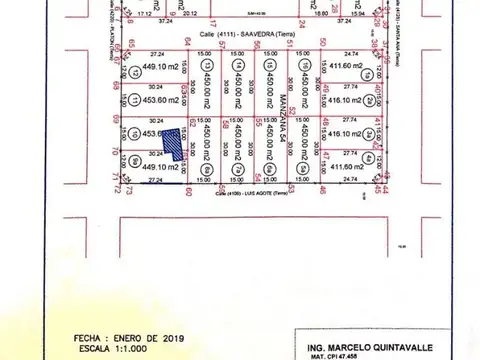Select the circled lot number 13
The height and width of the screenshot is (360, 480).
coord(206,68)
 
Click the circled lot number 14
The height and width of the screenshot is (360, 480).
coord(236,68)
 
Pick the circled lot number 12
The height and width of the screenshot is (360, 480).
coord(135,75)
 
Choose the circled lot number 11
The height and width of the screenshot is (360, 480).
coord(135,100)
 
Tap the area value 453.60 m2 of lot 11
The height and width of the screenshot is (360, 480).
coord(162,100)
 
